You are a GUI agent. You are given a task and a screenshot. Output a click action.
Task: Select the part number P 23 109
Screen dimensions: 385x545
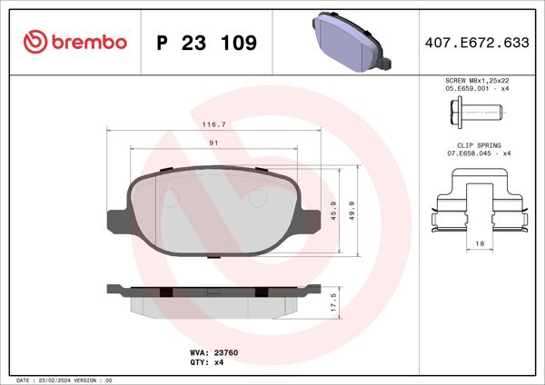pyautogui.click(x=206, y=43)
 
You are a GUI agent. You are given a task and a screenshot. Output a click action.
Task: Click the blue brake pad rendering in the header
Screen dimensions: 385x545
pyautogui.click(x=350, y=44)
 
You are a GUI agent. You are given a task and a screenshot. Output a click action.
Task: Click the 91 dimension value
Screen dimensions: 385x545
pyautogui.click(x=213, y=143)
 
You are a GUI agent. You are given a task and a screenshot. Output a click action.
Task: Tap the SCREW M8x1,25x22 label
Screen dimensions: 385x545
pyautogui.click(x=476, y=82)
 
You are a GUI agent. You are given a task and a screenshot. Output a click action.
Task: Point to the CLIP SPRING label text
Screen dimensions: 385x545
pyautogui.click(x=476, y=144)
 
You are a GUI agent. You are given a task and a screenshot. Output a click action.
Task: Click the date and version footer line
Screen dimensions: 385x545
pyautogui.click(x=64, y=379)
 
